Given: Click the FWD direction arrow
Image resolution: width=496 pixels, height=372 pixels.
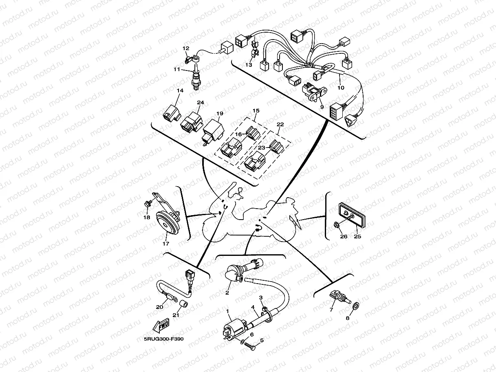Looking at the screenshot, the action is [x=161, y=326].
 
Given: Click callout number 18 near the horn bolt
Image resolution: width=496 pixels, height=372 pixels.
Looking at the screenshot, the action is [x=147, y=218].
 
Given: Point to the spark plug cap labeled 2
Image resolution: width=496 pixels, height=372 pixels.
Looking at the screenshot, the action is [x=233, y=274].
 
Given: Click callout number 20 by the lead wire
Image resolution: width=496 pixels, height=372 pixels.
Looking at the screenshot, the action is [x=160, y=307].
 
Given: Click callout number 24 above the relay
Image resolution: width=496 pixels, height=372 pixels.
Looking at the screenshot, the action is [x=200, y=102].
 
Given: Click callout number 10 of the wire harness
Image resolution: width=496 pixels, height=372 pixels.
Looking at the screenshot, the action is [x=341, y=88].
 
